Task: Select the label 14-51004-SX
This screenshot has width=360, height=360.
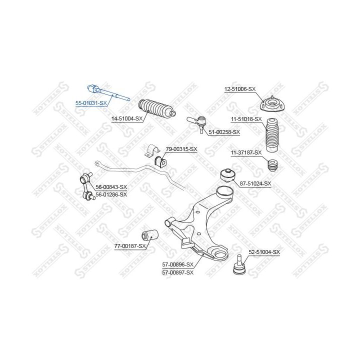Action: [127, 118]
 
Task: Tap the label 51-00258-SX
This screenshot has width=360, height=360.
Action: [224, 132]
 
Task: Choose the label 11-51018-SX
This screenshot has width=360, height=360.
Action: [246, 119]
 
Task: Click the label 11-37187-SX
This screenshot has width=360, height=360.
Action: [246, 152]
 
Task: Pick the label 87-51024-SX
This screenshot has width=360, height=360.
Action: [255, 183]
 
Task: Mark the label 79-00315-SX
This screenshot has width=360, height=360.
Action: [181, 149]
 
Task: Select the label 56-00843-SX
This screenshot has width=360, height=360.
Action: [111, 187]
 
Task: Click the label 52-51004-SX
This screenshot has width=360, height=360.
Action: [264, 252]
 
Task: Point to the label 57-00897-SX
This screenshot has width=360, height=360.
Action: [177, 272]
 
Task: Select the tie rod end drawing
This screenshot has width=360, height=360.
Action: [196, 121]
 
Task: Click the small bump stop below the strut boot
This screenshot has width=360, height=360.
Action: [273, 164]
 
